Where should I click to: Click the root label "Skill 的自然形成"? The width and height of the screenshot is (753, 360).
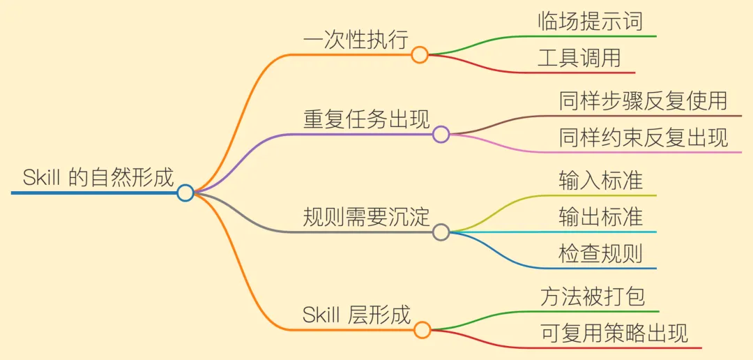point(98,177)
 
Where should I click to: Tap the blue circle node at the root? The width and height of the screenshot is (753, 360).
point(185,193)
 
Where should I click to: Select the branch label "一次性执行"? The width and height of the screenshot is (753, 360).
point(355,40)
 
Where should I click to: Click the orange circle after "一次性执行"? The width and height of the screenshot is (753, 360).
point(419,55)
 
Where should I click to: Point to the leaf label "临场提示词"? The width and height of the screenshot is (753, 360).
point(590,22)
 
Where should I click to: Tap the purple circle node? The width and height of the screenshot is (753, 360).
point(441,135)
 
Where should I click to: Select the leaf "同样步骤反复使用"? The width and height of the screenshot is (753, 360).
point(643,102)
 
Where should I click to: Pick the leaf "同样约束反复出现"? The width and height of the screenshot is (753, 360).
point(643,138)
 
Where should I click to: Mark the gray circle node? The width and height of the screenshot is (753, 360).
point(441,232)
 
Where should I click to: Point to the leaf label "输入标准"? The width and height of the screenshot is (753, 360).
point(600,181)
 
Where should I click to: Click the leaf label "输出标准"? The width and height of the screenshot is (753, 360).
point(600,217)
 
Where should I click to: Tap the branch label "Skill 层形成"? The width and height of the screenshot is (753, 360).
point(356,315)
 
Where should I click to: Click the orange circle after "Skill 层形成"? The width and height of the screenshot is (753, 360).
point(422,330)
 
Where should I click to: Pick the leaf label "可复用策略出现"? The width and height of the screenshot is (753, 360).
point(614,333)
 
